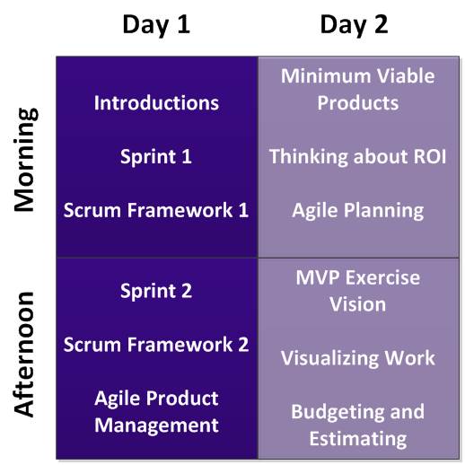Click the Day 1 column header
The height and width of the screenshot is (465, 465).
tap(156, 25)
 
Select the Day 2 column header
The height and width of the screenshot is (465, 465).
tap(354, 25)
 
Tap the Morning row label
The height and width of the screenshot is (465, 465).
tap(26, 159)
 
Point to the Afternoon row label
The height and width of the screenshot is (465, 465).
tap(24, 354)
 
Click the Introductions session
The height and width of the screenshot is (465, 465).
tap(156, 103)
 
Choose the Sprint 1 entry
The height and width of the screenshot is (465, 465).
tap(156, 157)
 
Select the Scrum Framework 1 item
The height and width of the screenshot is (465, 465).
tap(156, 210)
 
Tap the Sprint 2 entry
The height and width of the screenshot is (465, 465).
tap(156, 291)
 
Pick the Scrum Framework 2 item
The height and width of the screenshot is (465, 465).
tap(156, 345)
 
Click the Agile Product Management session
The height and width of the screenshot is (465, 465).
tap(156, 412)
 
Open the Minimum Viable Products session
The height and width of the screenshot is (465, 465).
tap(358, 89)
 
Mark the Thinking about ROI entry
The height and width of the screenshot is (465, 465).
tap(358, 156)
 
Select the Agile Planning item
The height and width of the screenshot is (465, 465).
tap(358, 211)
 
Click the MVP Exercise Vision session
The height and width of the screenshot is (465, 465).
tap(358, 291)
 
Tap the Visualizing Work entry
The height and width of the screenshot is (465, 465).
tap(358, 358)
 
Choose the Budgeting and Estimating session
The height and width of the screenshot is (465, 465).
tap(358, 426)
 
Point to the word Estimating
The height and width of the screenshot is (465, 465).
tap(358, 439)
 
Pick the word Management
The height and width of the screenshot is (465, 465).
tap(156, 426)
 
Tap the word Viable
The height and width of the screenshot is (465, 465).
tap(406, 76)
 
